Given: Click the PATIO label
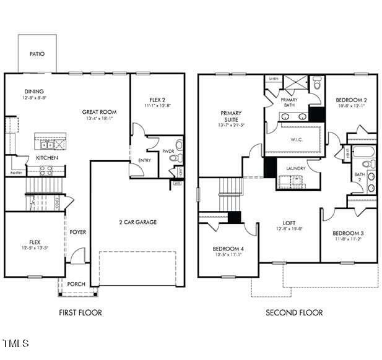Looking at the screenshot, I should [37, 54].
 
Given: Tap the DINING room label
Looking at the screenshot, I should [34, 91].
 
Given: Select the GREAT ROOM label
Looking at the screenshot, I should [99, 112].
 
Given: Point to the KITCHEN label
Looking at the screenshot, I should [47, 158].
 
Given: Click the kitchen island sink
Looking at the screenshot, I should [46, 145].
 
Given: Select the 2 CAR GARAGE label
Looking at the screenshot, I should [137, 222].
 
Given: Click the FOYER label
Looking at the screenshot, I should [78, 232].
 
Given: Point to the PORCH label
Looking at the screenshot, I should [76, 284].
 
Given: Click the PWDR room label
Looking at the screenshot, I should [167, 150].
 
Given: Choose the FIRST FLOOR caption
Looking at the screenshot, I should [80, 312].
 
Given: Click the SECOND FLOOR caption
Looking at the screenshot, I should [294, 312].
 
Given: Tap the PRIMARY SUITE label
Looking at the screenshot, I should [231, 116].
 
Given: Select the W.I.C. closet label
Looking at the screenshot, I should [296, 139].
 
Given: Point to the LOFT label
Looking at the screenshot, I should [289, 223].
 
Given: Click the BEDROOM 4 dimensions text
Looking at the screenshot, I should [228, 255].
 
